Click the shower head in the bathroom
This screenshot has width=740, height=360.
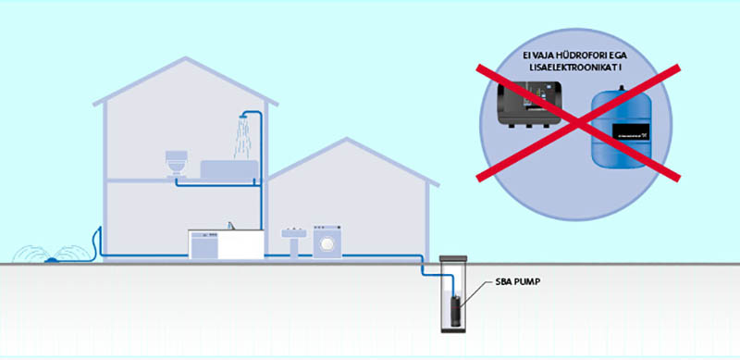(x=243, y=117)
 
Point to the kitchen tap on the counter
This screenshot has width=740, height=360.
(x=231, y=223)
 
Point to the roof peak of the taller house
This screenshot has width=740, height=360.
(x=191, y=60)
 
